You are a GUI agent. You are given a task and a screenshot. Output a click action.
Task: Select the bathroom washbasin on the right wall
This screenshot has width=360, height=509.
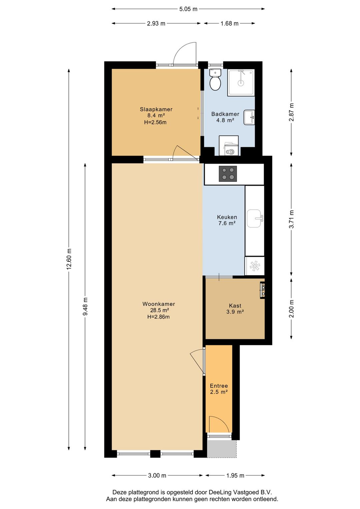click(249, 117)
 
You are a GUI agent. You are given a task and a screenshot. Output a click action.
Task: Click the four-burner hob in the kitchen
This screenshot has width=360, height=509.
click(228, 174)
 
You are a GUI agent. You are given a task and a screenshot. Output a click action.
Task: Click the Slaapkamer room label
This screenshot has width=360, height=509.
click(156, 109)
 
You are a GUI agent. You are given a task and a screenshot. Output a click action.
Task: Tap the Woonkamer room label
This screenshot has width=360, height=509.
click(159, 304)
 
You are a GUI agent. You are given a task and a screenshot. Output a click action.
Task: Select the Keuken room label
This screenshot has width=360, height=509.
click(227, 217)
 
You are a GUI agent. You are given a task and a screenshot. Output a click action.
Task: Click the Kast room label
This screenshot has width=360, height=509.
click(235, 306)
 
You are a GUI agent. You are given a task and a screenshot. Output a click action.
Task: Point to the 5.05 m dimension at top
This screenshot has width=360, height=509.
click(188, 9)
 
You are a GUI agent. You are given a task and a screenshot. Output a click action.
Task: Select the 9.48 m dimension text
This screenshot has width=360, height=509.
click(85, 306)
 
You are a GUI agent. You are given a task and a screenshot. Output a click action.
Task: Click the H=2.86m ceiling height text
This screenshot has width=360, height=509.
click(158, 317)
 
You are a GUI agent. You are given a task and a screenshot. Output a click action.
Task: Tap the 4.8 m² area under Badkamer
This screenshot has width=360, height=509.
click(225, 120)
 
